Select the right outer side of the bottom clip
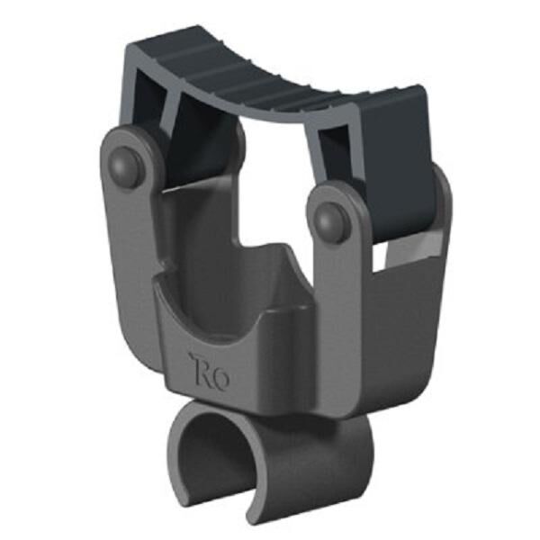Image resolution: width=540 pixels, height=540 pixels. (342, 459)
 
